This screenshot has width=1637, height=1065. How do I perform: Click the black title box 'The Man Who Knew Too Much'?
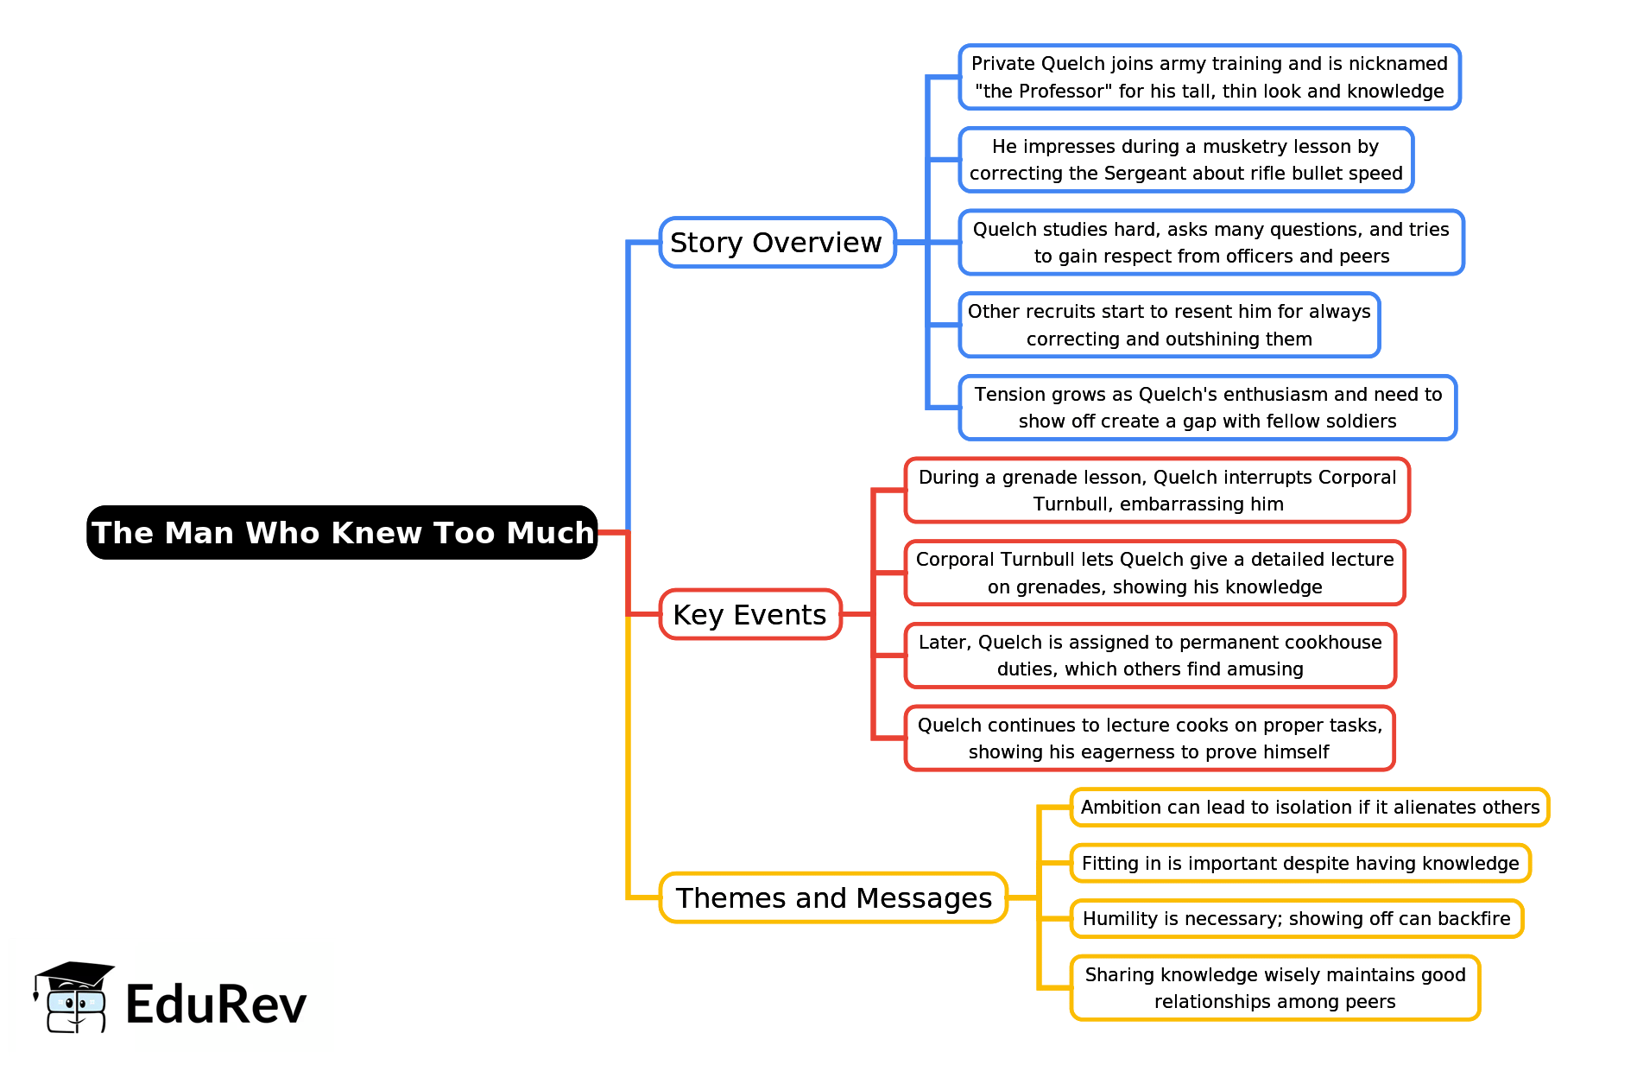pyautogui.click(x=342, y=532)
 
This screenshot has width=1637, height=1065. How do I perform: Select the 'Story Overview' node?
pyautogui.click(x=776, y=243)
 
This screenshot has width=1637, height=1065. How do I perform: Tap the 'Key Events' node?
pyautogui.click(x=749, y=614)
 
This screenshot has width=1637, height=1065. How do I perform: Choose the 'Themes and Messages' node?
pyautogui.click(x=833, y=897)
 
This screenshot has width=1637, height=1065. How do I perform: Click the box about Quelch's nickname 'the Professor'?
pyautogui.click(x=1209, y=77)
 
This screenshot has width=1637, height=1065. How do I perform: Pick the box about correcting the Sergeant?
pyautogui.click(x=1185, y=160)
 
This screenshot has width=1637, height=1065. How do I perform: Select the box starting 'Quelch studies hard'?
pyautogui.click(x=1210, y=242)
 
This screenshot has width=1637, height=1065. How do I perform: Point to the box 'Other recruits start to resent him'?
pyautogui.click(x=1169, y=325)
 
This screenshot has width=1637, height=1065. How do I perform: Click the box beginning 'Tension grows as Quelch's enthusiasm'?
pyautogui.click(x=1207, y=408)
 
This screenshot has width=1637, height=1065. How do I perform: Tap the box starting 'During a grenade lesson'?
pyautogui.click(x=1157, y=490)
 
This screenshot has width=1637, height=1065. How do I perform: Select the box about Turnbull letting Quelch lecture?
pyautogui.click(x=1154, y=573)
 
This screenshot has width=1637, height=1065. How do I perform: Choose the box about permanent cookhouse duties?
pyautogui.click(x=1150, y=656)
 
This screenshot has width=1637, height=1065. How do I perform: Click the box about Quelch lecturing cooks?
pyautogui.click(x=1149, y=739)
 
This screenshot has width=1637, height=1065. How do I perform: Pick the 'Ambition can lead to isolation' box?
pyautogui.click(x=1309, y=807)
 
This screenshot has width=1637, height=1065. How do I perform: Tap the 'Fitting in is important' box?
pyautogui.click(x=1299, y=863)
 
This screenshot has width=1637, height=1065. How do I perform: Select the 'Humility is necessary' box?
pyautogui.click(x=1296, y=918)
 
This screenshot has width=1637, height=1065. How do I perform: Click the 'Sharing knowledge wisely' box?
pyautogui.click(x=1274, y=987)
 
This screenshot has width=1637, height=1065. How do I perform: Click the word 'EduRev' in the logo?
pyautogui.click(x=216, y=1004)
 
